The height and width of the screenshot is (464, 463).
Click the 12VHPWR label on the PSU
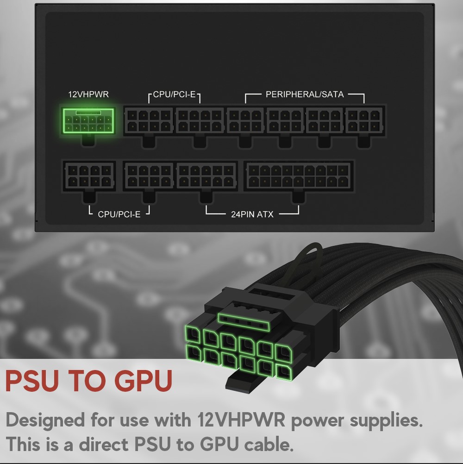[88, 94]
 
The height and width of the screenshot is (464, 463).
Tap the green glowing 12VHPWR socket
[88, 121]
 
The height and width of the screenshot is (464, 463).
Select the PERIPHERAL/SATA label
[305, 94]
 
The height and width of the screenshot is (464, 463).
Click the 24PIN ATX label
[252, 214]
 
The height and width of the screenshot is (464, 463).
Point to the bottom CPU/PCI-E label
[119, 214]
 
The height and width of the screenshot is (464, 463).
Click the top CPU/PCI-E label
[174, 94]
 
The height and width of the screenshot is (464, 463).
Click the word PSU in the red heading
[32, 381]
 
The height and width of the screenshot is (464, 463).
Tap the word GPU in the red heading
[143, 381]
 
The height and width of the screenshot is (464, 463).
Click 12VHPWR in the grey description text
[241, 420]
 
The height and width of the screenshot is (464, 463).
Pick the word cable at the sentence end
[269, 445]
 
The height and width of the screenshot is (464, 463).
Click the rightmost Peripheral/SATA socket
[364, 121]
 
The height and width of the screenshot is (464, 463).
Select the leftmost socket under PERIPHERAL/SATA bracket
[245, 121]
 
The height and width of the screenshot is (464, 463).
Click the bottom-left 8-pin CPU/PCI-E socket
[89, 176]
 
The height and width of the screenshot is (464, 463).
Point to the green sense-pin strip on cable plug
[244, 322]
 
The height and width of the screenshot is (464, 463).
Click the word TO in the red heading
[87, 381]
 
